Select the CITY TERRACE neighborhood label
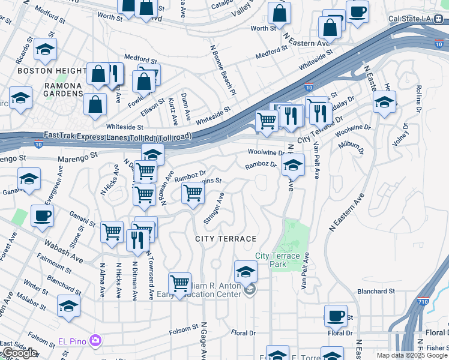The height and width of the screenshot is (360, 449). [226, 239]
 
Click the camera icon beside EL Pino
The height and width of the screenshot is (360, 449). [95, 341]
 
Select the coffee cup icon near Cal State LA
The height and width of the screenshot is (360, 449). [357, 11]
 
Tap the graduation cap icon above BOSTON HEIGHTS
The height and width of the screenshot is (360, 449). [45, 50]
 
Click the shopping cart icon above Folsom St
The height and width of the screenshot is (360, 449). [180, 283]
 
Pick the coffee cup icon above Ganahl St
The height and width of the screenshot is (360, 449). [42, 215]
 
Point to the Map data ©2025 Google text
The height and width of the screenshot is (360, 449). [411, 355]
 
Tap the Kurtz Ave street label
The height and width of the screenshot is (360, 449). [173, 112]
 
